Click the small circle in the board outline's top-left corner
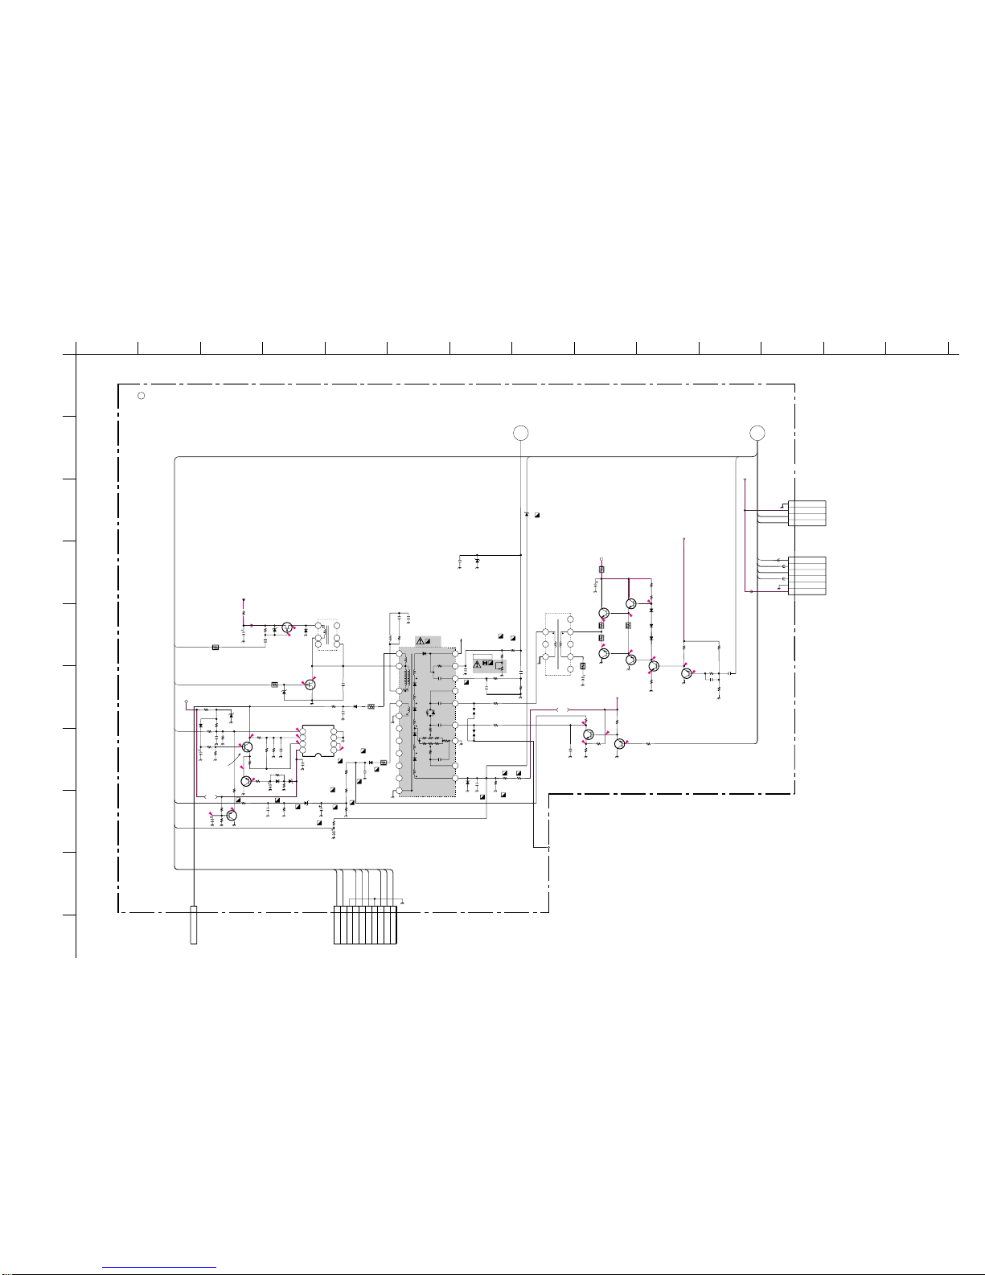click(x=141, y=396)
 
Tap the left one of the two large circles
click(x=521, y=434)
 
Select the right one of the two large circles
click(x=757, y=434)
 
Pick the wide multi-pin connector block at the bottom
click(x=365, y=924)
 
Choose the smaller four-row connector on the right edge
click(x=806, y=513)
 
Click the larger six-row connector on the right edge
click(x=806, y=575)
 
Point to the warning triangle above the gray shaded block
click(x=420, y=640)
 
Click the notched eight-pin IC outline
click(x=320, y=740)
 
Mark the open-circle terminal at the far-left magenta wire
click(x=187, y=701)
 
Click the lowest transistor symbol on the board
click(x=232, y=815)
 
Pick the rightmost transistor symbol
click(x=686, y=672)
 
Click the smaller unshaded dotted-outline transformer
click(x=329, y=634)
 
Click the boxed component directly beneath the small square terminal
click(x=601, y=570)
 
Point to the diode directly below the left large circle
click(x=527, y=513)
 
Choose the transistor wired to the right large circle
click(x=619, y=743)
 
